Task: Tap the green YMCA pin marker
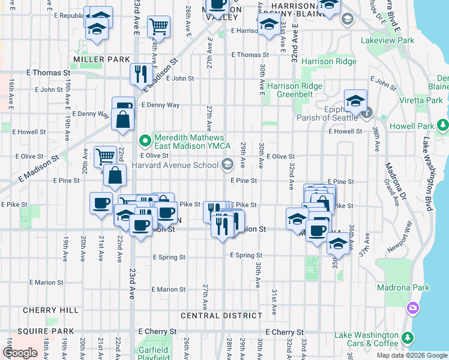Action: click(x=145, y=142)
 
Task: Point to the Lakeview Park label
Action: click(x=388, y=40)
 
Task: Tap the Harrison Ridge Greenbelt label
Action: click(x=295, y=89)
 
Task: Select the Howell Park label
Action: click(x=415, y=127)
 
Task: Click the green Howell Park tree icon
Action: click(x=444, y=125)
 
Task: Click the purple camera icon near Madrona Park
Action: click(x=412, y=308)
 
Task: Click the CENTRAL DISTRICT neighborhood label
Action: click(x=221, y=316)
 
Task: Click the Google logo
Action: click(x=20, y=353)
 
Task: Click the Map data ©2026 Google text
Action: click(x=411, y=355)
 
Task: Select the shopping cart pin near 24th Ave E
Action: click(x=158, y=26)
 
